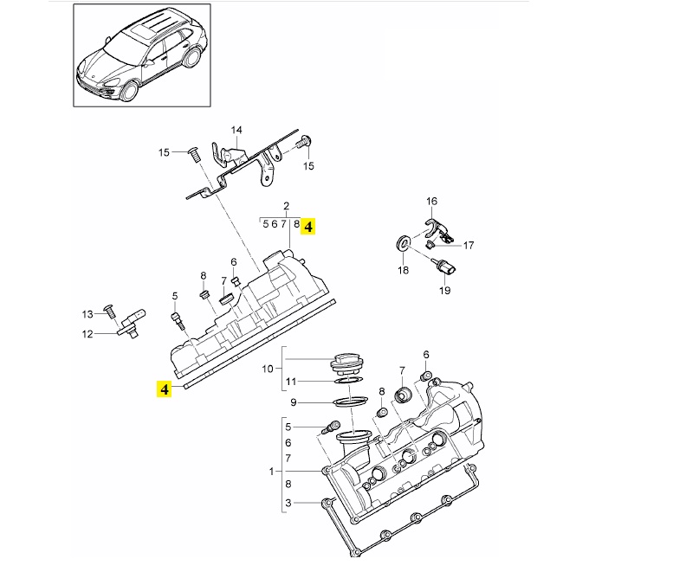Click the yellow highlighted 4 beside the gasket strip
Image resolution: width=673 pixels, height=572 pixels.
[x=164, y=389]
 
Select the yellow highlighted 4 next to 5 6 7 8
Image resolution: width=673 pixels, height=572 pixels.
[x=308, y=226]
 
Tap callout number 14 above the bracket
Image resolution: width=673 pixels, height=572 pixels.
[x=236, y=130]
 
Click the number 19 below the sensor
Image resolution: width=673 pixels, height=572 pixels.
[x=445, y=290]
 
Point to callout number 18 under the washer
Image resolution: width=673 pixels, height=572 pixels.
[x=403, y=270]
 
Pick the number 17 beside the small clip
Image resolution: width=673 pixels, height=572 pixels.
[x=469, y=245]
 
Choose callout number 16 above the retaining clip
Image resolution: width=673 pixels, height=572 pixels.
[x=432, y=201]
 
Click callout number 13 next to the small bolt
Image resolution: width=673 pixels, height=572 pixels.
[x=87, y=314]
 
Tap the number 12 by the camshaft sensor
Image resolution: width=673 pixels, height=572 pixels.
[x=87, y=334]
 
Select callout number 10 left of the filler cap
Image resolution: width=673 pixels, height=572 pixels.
[x=268, y=369]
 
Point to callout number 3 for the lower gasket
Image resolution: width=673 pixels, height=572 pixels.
[x=288, y=503]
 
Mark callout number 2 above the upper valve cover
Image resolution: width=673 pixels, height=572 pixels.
[x=287, y=206]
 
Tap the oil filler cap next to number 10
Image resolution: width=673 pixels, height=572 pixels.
[x=345, y=365]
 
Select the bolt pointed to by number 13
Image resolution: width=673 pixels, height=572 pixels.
[x=109, y=312]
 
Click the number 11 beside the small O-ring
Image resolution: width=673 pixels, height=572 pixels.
[x=291, y=382]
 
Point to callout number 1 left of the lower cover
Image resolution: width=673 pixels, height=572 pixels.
[x=271, y=472]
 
